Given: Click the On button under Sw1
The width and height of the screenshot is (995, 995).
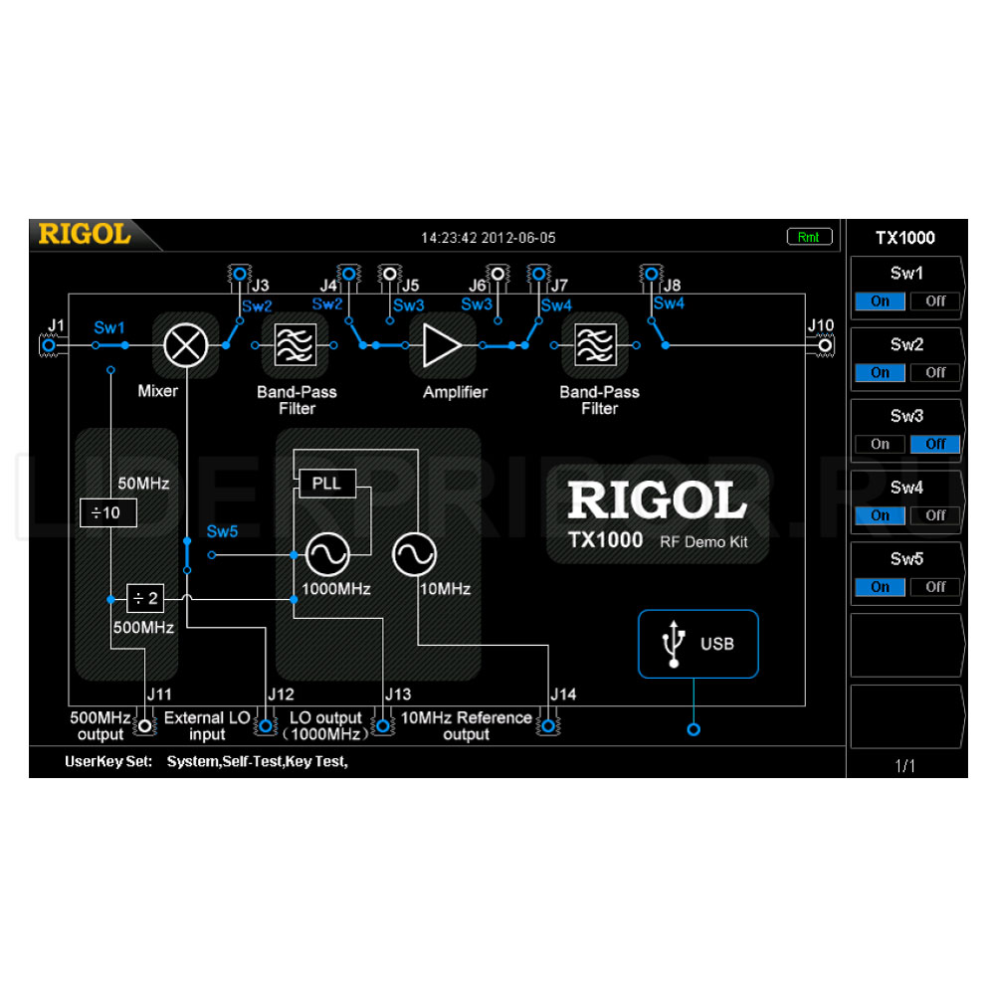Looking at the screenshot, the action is coord(880,300).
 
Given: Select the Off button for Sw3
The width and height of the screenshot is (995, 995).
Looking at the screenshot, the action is coord(934,444).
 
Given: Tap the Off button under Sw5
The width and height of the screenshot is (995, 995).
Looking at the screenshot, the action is coord(934,587).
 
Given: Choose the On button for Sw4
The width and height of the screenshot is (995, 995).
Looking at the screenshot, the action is coord(880,515).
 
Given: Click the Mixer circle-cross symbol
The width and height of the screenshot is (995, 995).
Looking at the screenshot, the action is coord(185,345).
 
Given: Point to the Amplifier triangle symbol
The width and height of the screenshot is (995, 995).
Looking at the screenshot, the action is coord(442,345).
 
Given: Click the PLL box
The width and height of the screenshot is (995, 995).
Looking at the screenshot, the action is coord(326,484).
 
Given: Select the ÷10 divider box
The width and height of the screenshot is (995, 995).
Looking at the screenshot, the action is coord(107,512).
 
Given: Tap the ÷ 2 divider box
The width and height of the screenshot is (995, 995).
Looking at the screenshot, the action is coord(145,598).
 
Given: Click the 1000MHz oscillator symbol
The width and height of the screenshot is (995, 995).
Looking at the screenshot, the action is coord(327,554).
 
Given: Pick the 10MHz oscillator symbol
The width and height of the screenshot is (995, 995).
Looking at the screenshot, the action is coord(414,554).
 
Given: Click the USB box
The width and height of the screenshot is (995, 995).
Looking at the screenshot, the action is coord(698,644).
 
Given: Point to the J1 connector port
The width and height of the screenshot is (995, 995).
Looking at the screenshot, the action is coord(49,346).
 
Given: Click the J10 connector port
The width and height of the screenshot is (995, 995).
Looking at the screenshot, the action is coord(825,346).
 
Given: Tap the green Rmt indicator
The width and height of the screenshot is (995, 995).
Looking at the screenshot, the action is coord(809,237).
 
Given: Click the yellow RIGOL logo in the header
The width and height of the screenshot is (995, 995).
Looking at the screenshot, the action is coord(85,234).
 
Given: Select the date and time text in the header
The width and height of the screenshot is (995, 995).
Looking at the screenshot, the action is coord(488,238).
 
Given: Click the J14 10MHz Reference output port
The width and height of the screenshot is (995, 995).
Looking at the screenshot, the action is coord(548,725).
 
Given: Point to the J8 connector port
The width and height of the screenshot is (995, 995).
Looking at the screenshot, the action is coord(651,275).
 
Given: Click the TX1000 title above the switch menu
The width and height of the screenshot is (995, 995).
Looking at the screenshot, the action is coord(904,238).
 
